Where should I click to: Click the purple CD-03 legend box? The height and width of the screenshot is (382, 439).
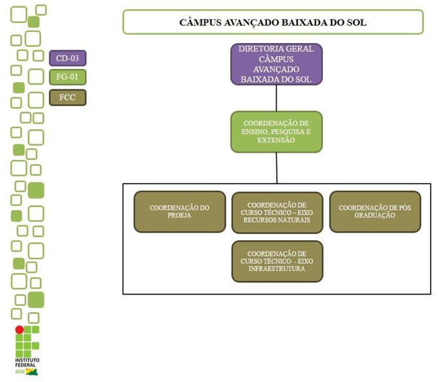click(67, 58)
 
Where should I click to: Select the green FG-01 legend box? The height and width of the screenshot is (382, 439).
click(67, 78)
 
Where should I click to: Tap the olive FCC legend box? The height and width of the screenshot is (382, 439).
click(67, 97)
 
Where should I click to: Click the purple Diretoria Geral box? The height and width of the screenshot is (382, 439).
click(277, 64)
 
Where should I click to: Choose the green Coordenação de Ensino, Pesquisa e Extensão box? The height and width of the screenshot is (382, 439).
click(277, 132)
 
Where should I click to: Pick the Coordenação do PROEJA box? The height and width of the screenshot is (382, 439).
click(179, 212)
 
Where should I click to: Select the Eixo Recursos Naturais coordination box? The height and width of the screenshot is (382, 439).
click(277, 212)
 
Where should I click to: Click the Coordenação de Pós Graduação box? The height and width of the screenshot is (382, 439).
click(375, 212)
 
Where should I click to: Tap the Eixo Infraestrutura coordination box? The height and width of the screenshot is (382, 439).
click(277, 261)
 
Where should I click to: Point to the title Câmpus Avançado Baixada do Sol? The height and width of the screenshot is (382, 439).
click(273, 22)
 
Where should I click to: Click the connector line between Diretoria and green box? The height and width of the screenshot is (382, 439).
click(277, 99)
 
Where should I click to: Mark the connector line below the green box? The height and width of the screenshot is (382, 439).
click(277, 168)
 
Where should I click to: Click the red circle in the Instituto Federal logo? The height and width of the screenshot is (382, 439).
click(20, 330)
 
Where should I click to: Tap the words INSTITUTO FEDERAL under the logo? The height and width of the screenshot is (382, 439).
click(26, 363)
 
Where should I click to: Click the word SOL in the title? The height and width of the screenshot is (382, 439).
click(356, 22)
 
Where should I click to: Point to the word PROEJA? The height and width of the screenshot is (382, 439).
click(179, 215)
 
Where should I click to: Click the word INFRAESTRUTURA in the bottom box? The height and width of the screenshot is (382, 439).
click(277, 268)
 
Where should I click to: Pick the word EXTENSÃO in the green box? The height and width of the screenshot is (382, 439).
click(277, 140)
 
